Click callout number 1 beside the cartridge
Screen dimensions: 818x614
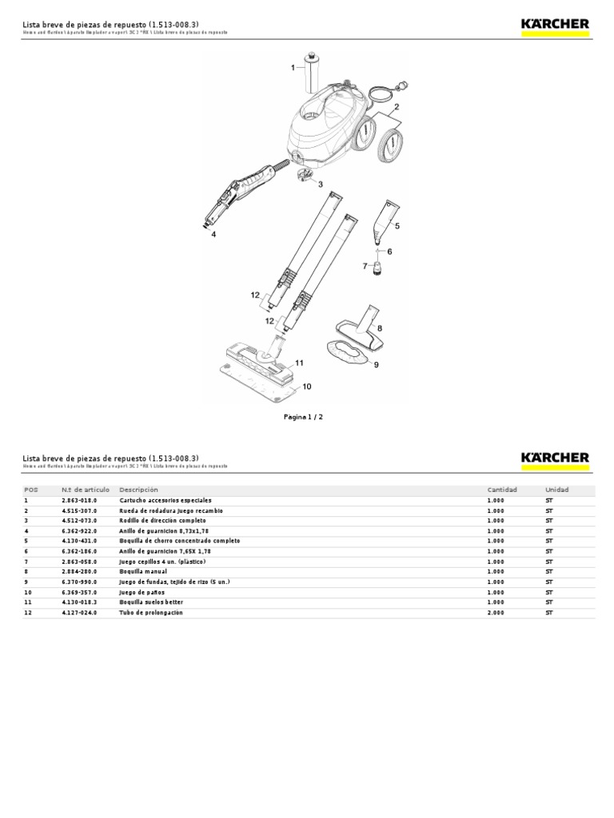point(293,68)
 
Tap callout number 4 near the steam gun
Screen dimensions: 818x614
point(213,234)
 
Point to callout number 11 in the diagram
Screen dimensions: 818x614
point(299,363)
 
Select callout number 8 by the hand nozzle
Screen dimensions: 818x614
point(379,328)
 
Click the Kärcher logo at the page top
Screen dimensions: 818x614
point(555,25)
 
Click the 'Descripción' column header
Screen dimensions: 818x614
point(138,490)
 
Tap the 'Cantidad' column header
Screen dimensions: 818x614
point(502,490)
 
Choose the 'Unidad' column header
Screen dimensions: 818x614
point(556,490)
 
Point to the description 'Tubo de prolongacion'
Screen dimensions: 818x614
point(152,613)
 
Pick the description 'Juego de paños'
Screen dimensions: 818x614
point(142,593)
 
